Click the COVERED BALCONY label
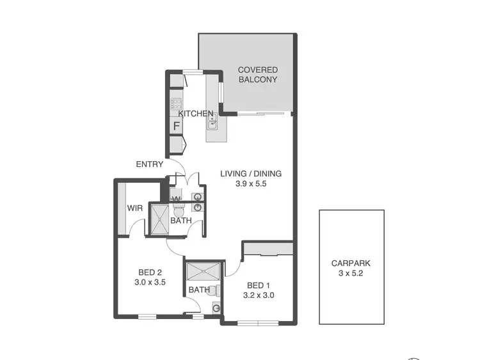pyautogui.click(x=257, y=75)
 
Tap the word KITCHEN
pyautogui.click(x=195, y=114)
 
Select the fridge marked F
pyautogui.click(x=176, y=126)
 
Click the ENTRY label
pyautogui.click(x=149, y=164)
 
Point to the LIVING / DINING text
pyautogui.click(x=251, y=173)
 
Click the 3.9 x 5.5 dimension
pyautogui.click(x=251, y=184)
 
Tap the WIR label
pyautogui.click(x=134, y=208)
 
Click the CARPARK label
pyautogui.click(x=351, y=263)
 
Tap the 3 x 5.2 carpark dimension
pyautogui.click(x=351, y=273)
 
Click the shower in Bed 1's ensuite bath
pyautogui.click(x=204, y=272)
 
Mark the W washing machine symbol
pyautogui.click(x=176, y=198)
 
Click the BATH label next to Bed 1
pyautogui.click(x=198, y=290)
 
